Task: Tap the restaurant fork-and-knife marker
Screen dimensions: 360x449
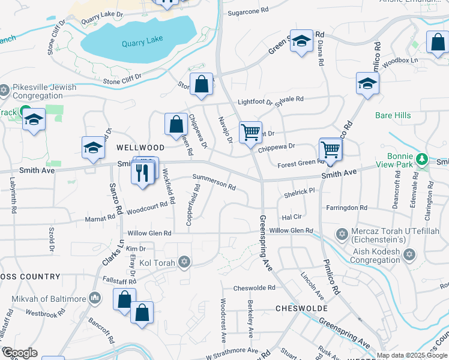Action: click(142, 173)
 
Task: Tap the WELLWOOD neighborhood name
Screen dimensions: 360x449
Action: click(140, 147)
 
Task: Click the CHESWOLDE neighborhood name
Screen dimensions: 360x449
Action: click(301, 308)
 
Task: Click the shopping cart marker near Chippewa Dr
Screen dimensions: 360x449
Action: click(250, 131)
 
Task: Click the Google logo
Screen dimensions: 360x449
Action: click(19, 353)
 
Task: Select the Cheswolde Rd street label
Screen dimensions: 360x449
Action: click(254, 288)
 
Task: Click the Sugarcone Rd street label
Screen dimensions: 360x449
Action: click(248, 11)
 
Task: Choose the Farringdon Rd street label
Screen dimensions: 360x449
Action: click(346, 208)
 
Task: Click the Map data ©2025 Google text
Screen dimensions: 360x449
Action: click(412, 355)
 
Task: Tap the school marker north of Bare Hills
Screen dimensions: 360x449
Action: click(367, 83)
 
